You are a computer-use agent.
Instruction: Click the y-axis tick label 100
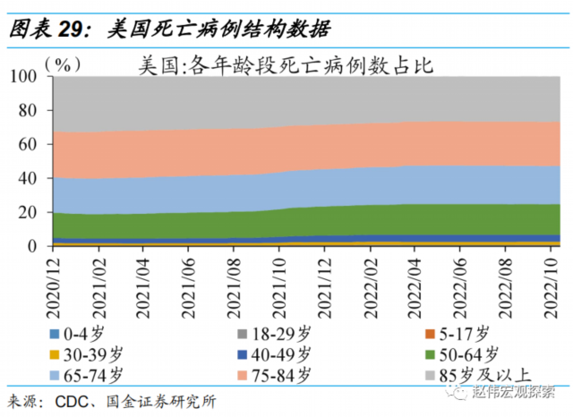coord(26,78)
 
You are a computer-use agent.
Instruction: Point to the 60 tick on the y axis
coord(30,145)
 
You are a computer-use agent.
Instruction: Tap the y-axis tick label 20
coord(30,212)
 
